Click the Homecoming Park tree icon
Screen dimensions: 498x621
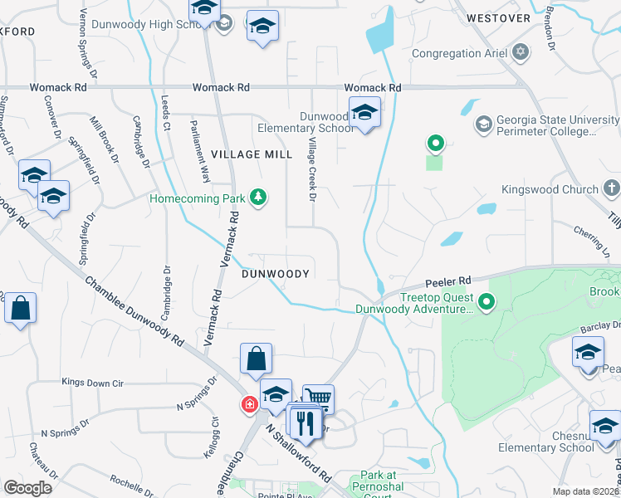coord(259,198)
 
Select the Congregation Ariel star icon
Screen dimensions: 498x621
coord(521,53)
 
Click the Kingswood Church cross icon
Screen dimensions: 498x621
coord(611,189)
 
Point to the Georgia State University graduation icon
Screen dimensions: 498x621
coord(483,124)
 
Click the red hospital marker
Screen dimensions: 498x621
coord(247,405)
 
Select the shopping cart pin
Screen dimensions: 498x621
coord(317,399)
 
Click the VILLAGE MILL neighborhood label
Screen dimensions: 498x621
coord(252,155)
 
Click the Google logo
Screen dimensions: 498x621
coord(28,487)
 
